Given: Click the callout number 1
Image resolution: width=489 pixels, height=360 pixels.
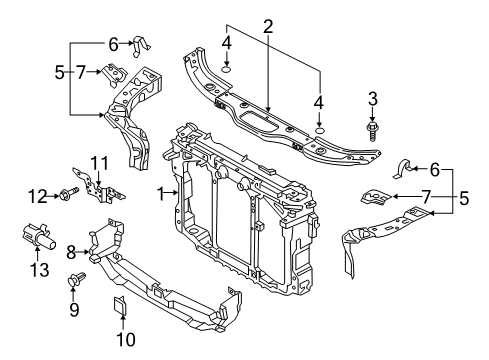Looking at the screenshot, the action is pos(161,194).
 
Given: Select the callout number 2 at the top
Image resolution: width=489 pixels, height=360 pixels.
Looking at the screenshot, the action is pos(268,27).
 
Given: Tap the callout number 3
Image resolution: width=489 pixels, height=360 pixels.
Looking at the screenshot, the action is pos(373,99).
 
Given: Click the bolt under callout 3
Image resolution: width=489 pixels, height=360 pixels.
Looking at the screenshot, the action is pos(373,131).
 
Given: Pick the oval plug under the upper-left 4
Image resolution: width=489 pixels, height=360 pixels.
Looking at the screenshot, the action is pos(226,70).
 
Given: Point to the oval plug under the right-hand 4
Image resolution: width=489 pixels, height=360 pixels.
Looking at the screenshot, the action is pos(319,130).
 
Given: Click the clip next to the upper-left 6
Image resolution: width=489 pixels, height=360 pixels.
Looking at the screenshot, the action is pos(141,46).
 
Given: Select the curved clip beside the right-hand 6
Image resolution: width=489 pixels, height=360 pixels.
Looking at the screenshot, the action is pos(403,169).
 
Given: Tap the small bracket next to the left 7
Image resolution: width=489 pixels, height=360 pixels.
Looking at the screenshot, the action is pos(114,75).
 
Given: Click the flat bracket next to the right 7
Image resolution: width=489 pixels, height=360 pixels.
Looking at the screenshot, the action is pos(376,197).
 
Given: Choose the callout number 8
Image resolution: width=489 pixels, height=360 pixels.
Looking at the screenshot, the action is pos(71,252).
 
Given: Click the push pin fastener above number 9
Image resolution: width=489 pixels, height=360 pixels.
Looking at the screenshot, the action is pos(76,279).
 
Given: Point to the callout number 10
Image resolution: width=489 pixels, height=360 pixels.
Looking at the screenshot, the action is pos(126,339).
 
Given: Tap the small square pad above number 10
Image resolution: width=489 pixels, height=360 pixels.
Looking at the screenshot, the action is pos(120,305).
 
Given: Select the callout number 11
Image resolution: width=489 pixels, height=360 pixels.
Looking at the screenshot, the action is pos(100,163).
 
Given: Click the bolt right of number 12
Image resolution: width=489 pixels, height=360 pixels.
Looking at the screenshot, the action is pos(69,193).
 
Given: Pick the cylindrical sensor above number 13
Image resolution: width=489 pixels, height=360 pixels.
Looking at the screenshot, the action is pos(38,237).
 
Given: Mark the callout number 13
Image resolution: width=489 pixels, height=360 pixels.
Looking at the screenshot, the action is pos(39,270).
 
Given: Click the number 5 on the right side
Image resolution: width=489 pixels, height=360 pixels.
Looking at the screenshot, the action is pos(464,198).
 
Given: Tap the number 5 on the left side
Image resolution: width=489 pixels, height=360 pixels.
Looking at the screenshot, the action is pos(59,72).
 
